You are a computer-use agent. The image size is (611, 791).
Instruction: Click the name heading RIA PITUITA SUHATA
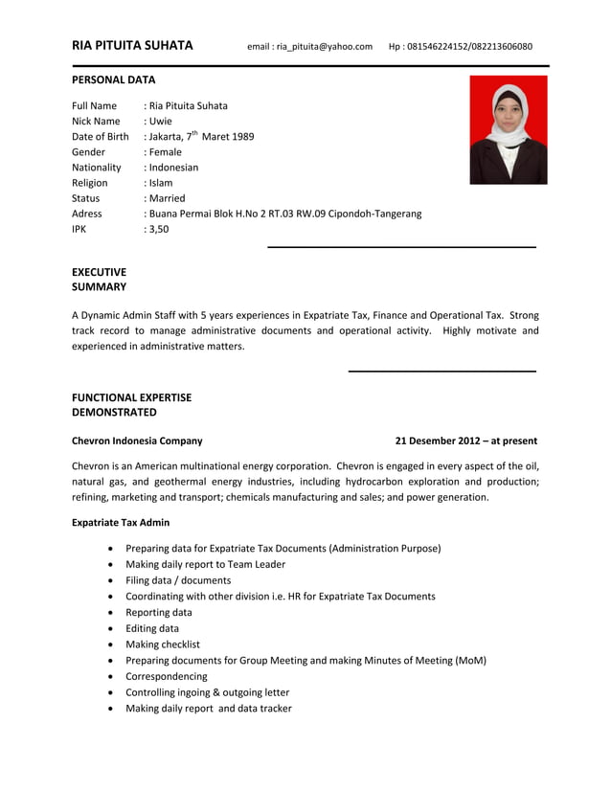(x=132, y=45)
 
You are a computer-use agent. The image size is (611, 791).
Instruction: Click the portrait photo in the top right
(x=508, y=129)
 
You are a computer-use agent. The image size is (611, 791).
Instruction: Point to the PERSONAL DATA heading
(x=113, y=79)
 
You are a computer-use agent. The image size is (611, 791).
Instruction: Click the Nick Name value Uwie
(x=160, y=121)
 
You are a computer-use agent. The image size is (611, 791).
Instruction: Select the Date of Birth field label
(x=100, y=136)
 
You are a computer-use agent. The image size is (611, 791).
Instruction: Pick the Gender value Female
(x=165, y=151)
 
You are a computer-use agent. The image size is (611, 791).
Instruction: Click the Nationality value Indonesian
(x=172, y=167)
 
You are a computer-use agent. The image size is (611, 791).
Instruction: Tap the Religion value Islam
(x=160, y=182)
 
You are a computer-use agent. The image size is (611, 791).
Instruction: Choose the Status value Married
(x=167, y=197)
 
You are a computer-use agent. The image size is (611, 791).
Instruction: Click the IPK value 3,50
(x=157, y=229)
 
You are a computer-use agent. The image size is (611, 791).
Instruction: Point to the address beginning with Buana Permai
(x=284, y=214)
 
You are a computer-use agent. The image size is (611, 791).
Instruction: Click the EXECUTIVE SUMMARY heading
(x=99, y=279)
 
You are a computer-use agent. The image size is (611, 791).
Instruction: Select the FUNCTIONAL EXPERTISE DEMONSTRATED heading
(x=131, y=404)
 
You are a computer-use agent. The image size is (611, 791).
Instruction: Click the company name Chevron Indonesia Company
(x=137, y=441)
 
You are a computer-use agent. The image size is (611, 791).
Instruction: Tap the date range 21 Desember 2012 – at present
(x=465, y=441)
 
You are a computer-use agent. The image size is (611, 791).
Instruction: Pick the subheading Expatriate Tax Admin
(x=121, y=522)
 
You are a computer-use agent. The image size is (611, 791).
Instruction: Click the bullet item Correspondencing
(x=166, y=676)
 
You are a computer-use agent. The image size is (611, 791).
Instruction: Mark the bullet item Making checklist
(x=163, y=644)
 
